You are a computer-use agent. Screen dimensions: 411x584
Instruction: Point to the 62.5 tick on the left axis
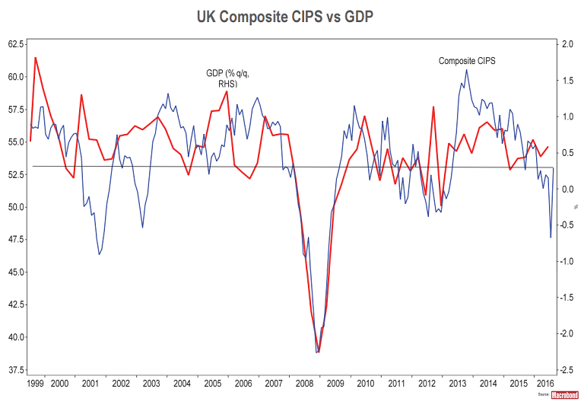(17, 43)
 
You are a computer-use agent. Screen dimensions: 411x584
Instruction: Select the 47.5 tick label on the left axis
(17, 239)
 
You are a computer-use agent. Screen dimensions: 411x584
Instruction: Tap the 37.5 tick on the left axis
(17, 369)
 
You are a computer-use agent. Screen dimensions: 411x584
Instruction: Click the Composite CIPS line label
(467, 60)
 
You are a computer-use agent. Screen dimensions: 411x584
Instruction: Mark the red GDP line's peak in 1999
(36, 58)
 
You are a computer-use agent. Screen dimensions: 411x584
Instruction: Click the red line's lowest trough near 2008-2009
(319, 352)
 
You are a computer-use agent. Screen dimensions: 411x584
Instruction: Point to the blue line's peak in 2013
(466, 70)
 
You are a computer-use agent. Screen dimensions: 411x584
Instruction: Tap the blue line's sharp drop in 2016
(551, 237)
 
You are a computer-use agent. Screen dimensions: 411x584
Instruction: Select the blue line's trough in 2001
(100, 254)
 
